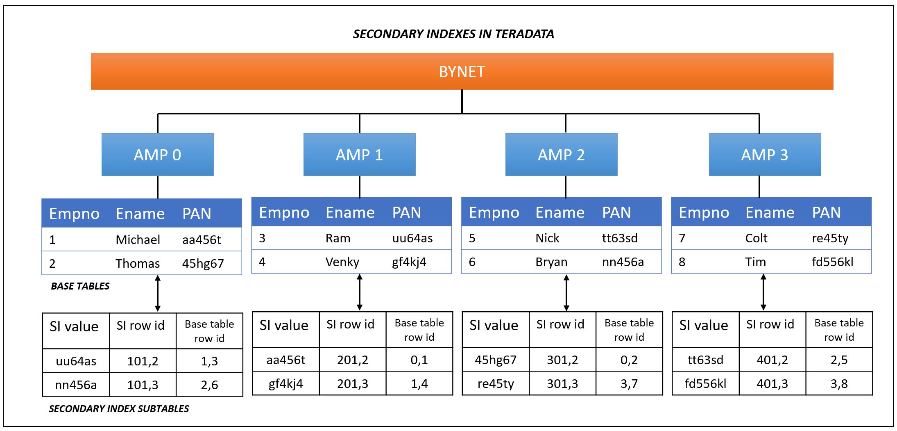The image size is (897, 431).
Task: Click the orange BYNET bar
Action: [x=462, y=71]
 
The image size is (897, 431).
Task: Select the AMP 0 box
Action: [x=158, y=155]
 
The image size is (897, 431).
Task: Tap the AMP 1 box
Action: [x=360, y=155]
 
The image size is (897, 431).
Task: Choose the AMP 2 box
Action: [x=562, y=155]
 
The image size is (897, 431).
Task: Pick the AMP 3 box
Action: [x=765, y=155]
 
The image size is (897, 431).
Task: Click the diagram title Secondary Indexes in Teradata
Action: [x=453, y=34]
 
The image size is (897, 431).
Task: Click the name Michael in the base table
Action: [x=138, y=239]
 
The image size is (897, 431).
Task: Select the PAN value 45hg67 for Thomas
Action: [x=203, y=263]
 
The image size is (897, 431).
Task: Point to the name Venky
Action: [x=342, y=262]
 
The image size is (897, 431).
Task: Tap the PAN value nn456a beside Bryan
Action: [x=623, y=262]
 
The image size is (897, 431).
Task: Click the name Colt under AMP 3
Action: [x=756, y=238]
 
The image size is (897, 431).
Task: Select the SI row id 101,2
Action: [x=143, y=361]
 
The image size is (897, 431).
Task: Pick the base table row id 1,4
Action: [x=419, y=384]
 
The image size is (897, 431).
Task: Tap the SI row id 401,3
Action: [x=772, y=384]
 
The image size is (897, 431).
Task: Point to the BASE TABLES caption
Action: [x=80, y=286]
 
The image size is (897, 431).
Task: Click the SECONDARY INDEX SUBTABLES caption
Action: [x=119, y=409]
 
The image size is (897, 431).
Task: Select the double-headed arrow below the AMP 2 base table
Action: [x=566, y=293]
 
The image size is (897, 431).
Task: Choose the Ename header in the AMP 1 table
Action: [x=350, y=212]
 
